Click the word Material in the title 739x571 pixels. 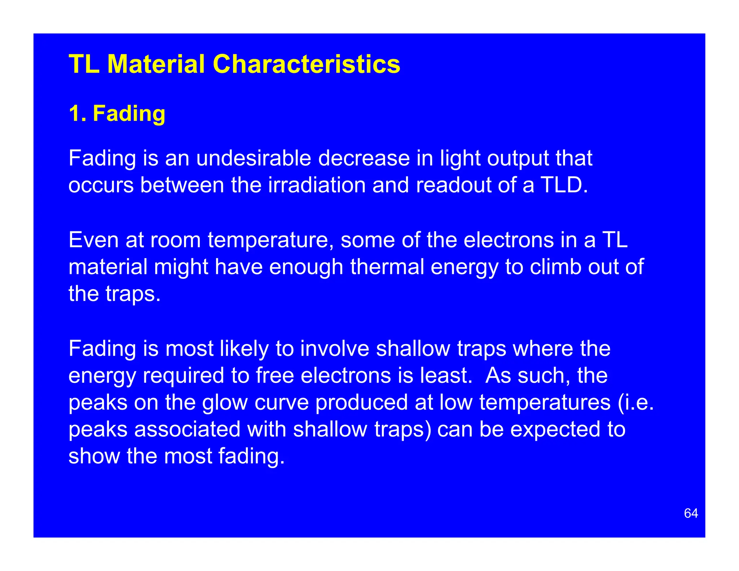(156, 64)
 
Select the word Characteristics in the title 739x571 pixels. (306, 64)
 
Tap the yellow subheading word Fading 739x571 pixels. (129, 113)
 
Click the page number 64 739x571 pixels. (691, 513)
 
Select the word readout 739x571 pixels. (453, 185)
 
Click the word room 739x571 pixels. (175, 240)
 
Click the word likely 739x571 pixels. (244, 349)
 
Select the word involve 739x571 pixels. (334, 349)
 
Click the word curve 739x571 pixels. (281, 402)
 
